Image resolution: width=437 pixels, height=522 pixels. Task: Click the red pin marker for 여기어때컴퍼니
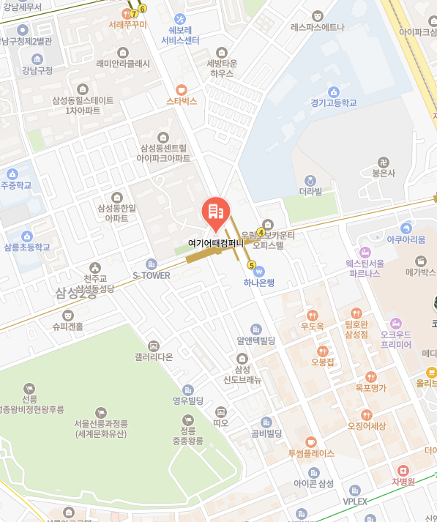pyautogui.click(x=215, y=211)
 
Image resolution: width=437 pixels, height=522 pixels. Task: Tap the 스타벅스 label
pyautogui.click(x=182, y=101)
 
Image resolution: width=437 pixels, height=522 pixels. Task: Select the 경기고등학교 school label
pyautogui.click(x=333, y=103)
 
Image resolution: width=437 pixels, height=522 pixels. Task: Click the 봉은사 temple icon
pyautogui.click(x=383, y=162)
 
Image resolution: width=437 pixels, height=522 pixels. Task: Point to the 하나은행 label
pyautogui.click(x=259, y=283)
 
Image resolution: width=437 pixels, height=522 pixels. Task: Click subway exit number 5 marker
pyautogui.click(x=252, y=265)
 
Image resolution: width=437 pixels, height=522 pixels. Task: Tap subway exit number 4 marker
pyautogui.click(x=261, y=232)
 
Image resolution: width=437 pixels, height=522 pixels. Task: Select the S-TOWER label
pyautogui.click(x=151, y=275)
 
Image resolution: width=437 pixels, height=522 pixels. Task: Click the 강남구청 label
pyautogui.click(x=38, y=70)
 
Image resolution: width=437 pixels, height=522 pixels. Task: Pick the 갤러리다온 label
pyautogui.click(x=154, y=357)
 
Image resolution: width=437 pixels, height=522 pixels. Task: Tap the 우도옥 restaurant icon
pyautogui.click(x=313, y=315)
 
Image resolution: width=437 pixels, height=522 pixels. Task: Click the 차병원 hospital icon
pyautogui.click(x=402, y=470)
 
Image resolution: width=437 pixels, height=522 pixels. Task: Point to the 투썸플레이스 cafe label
pyautogui.click(x=310, y=453)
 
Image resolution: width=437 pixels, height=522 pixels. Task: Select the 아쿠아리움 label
pyautogui.click(x=406, y=239)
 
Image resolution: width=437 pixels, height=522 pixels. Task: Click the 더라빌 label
pyautogui.click(x=310, y=192)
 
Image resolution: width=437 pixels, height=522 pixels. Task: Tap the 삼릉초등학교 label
pyautogui.click(x=27, y=247)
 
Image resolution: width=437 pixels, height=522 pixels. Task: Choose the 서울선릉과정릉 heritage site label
pyautogui.click(x=101, y=428)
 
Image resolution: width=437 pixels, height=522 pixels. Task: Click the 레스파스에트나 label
pyautogui.click(x=317, y=27)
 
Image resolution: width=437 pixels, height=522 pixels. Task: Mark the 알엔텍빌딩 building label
pyautogui.click(x=255, y=340)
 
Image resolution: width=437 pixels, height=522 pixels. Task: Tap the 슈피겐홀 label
pyautogui.click(x=67, y=327)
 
